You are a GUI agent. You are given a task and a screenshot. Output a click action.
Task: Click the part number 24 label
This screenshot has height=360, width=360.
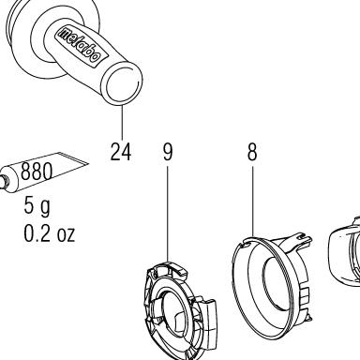tap(121, 152)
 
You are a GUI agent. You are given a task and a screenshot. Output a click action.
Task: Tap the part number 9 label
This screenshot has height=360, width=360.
tap(168, 152)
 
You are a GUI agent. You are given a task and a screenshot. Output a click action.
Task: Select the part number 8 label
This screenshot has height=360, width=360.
tap(252, 152)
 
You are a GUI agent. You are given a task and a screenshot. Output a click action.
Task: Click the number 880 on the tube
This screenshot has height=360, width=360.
tap(37, 172)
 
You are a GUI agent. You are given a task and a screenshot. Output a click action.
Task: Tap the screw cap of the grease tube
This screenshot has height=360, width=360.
tap(3, 182)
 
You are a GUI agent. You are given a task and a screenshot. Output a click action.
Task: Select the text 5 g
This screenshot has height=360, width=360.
tap(37, 206)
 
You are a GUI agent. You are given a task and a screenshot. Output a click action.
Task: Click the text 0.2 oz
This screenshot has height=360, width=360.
tap(50, 233)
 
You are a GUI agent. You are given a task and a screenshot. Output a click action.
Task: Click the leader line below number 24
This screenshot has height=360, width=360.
tap(122, 123)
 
